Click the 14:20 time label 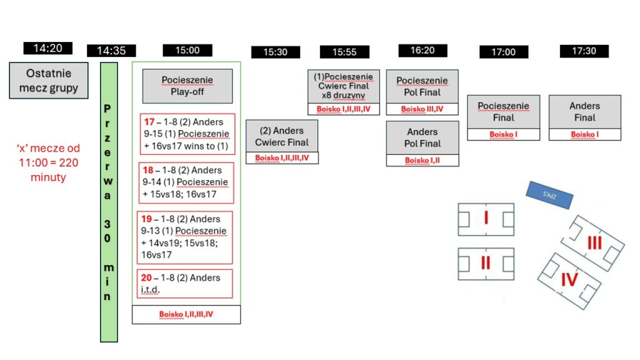pos(47,48)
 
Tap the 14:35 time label pos(111,51)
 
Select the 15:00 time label pos(188,51)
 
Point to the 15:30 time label pos(275,52)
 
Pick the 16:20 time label pos(422,50)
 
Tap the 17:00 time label pos(503,52)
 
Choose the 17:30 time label pos(584,51)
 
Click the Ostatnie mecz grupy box pos(48,81)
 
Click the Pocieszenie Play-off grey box pos(187,86)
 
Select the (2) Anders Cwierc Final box pos(282,136)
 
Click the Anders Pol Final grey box pos(422,137)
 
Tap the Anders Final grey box pos(584,111)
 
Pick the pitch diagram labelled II pos(486,264)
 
